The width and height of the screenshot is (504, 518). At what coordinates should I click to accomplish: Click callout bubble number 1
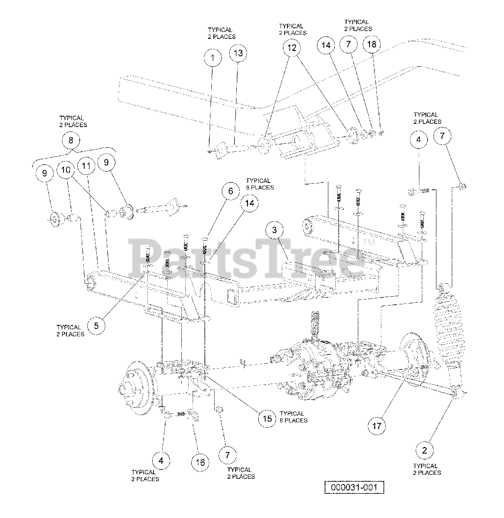(213, 58)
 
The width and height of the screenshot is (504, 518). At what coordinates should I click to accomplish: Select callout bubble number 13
(238, 53)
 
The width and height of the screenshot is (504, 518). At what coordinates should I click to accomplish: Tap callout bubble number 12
(292, 48)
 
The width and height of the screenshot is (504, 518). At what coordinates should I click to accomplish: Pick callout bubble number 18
(372, 44)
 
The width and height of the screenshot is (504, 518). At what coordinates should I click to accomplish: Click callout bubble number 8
(71, 140)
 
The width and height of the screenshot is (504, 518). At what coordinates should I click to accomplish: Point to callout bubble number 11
(86, 166)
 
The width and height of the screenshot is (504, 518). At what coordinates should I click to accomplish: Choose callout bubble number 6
(231, 191)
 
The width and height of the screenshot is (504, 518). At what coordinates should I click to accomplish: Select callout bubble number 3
(274, 230)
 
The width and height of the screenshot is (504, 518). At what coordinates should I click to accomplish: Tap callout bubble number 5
(96, 326)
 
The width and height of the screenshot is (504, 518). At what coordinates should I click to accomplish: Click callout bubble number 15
(268, 418)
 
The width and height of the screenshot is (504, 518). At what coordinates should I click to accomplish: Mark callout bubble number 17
(377, 426)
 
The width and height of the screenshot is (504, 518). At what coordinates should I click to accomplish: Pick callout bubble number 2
(425, 450)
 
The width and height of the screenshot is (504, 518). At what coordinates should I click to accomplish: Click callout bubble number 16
(200, 462)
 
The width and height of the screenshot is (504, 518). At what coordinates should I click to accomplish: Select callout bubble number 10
(66, 170)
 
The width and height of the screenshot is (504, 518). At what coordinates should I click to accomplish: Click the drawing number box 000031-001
(354, 487)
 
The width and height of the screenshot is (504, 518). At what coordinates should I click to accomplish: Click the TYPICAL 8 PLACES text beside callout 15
(293, 417)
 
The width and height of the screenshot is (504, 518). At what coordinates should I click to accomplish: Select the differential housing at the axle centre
(320, 368)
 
